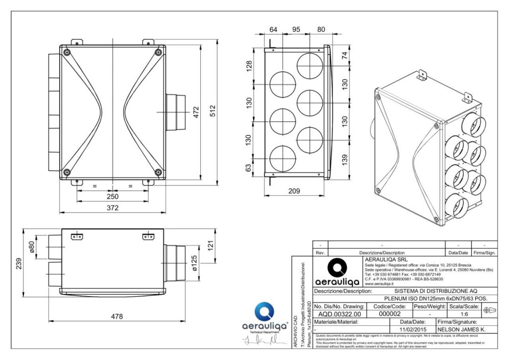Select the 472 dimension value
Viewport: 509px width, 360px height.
(196, 112)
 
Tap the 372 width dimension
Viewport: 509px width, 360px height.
(113, 207)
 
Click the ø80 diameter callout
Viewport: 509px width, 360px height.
(32, 247)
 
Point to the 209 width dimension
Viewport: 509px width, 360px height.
(295, 190)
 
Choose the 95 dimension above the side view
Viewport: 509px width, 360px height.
(296, 29)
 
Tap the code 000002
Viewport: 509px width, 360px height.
(390, 314)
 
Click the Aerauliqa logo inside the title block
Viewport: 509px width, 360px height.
(338, 271)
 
